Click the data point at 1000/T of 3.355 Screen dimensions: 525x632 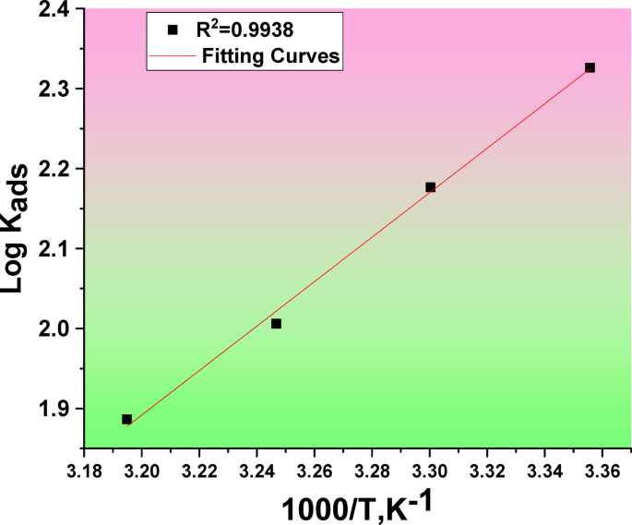(x=590, y=67)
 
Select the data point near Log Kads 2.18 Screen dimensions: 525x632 (x=430, y=186)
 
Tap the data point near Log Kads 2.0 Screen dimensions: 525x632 (x=276, y=324)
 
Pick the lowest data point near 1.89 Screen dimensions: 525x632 (x=127, y=419)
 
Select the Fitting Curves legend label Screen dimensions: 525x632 (x=271, y=55)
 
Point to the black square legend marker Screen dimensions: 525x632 (x=172, y=30)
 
